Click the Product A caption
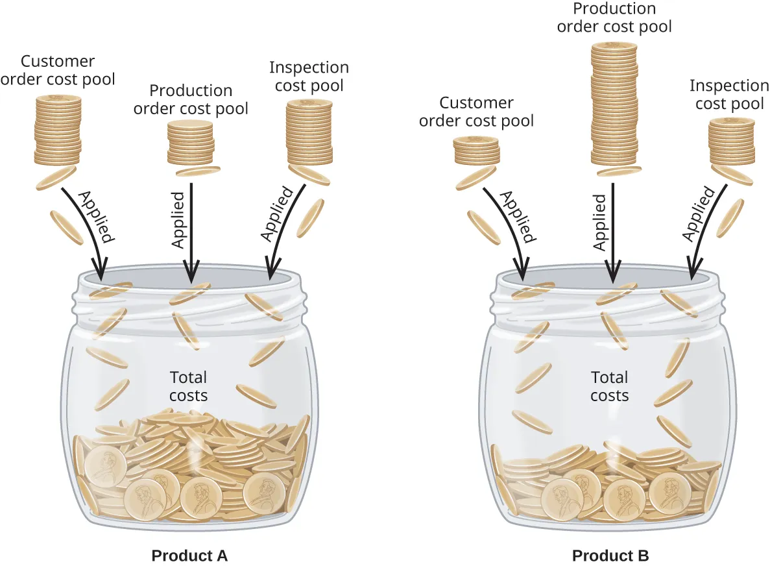pyautogui.click(x=189, y=556)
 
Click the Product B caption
pyautogui.click(x=610, y=556)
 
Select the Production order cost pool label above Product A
pyautogui.click(x=191, y=99)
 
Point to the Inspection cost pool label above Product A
pyautogui.click(x=309, y=76)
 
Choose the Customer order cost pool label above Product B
pyautogui.click(x=476, y=112)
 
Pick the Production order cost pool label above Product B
pyautogui.click(x=614, y=18)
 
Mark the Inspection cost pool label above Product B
pyautogui.click(x=728, y=94)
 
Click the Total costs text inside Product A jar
pyautogui.click(x=188, y=386)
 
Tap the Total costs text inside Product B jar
pyautogui.click(x=609, y=386)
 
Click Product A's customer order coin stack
pyautogui.click(x=58, y=130)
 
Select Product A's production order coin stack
pyautogui.click(x=190, y=143)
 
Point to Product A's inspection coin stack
pyautogui.click(x=309, y=132)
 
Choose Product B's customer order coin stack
pyautogui.click(x=476, y=151)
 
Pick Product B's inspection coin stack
pyautogui.click(x=731, y=141)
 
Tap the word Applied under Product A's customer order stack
pyautogui.click(x=96, y=216)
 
